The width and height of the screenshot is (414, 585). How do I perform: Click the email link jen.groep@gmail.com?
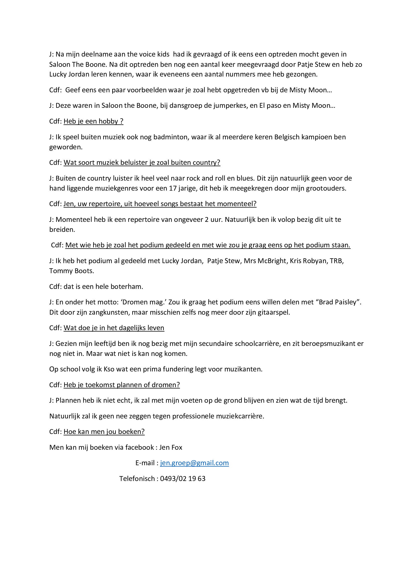[194, 463]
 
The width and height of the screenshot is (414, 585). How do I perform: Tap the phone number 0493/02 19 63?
[182, 478]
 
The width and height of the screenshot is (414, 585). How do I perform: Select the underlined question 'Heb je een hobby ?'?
[93, 121]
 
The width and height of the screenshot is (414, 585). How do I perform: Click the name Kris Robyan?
[308, 261]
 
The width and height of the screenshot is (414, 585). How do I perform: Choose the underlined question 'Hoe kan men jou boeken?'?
[104, 432]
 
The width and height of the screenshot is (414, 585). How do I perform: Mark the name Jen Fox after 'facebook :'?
[170, 447]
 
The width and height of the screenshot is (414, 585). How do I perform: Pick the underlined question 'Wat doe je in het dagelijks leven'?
[114, 328]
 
